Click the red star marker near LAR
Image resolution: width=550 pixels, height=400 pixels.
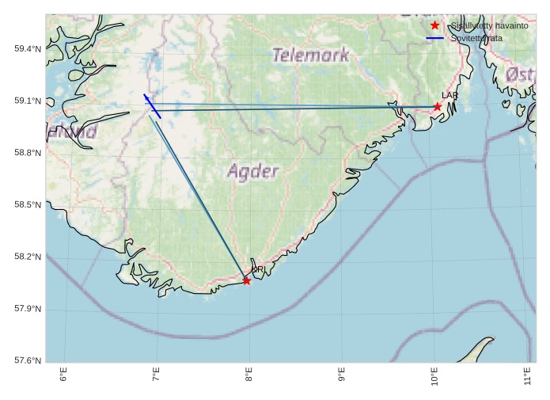point(437,106)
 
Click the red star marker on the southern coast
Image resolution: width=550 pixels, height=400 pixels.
point(247,280)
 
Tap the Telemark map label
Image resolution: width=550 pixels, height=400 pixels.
point(310,55)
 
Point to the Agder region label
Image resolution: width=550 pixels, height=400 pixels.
point(253,171)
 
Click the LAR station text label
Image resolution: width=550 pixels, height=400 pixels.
point(449,96)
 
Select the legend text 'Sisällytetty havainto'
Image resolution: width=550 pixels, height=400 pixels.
point(489,25)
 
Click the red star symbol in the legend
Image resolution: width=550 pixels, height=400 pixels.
point(434,25)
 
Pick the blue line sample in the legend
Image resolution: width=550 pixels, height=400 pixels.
point(434,38)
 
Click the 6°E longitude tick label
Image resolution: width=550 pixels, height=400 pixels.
point(63,375)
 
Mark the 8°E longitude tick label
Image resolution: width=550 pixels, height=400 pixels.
point(248,375)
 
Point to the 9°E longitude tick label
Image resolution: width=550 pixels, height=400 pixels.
point(341,375)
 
